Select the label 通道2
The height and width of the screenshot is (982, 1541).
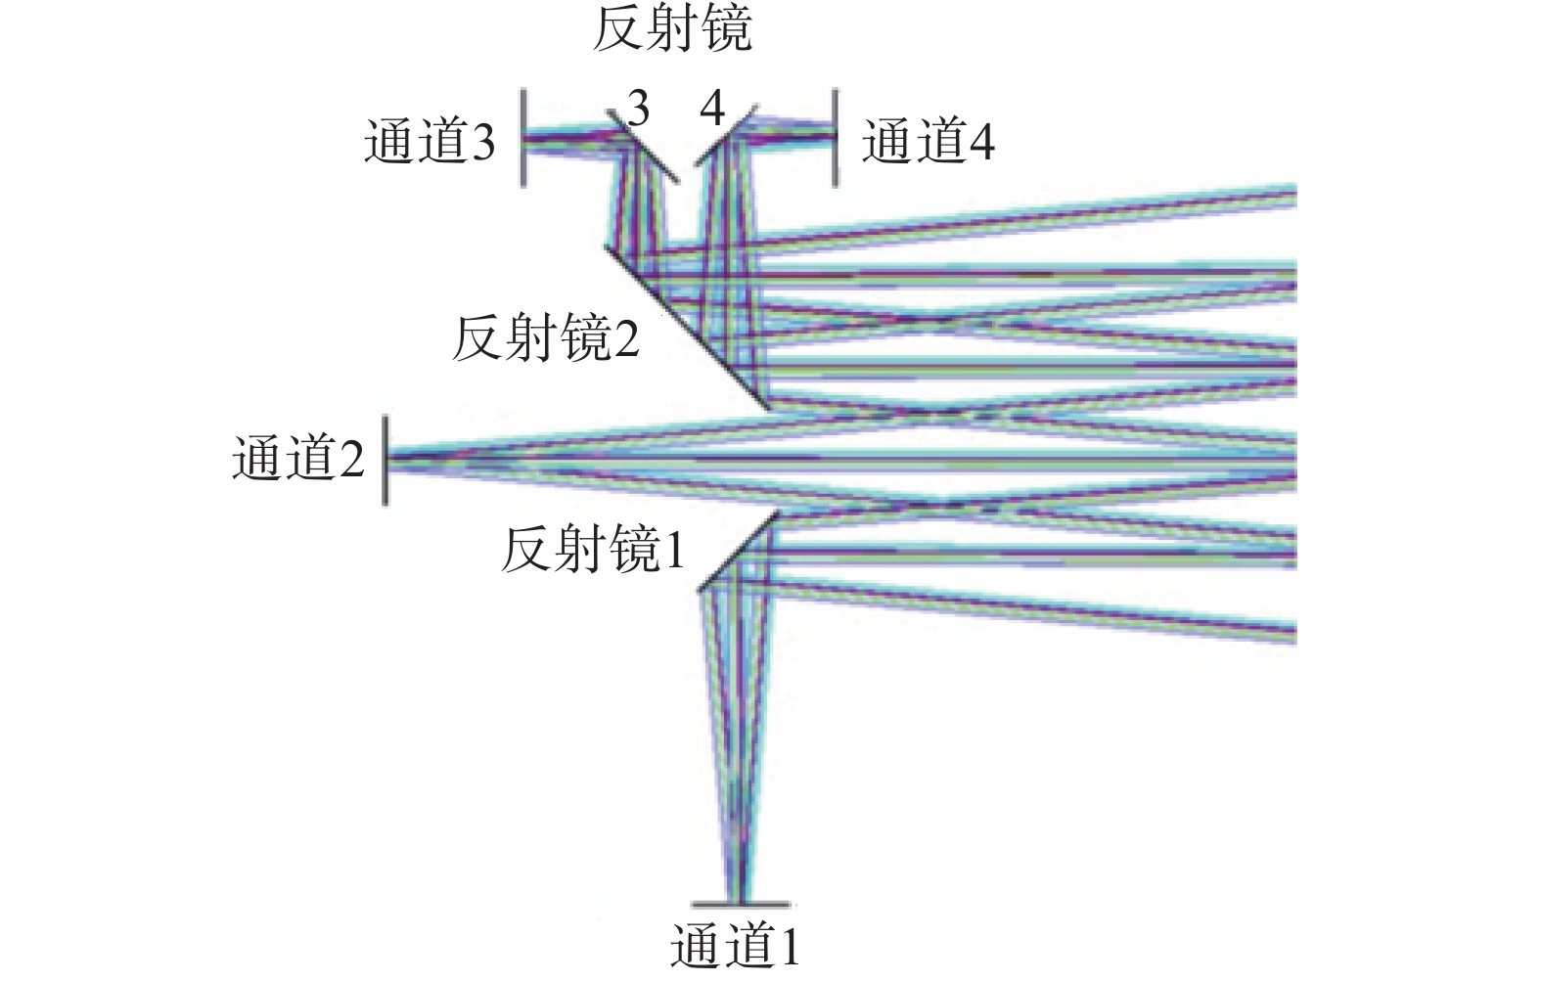point(298,458)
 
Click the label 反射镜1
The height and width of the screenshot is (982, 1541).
point(593,550)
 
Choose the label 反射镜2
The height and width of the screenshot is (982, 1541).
point(546,339)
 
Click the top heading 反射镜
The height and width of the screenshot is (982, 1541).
point(672,29)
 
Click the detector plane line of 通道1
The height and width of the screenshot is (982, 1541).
point(741,905)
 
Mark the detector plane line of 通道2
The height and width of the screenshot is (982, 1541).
point(385,460)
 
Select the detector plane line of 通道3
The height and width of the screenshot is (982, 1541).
point(523,138)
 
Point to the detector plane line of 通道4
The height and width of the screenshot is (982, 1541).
point(836,138)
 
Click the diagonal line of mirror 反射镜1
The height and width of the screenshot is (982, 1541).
point(738,551)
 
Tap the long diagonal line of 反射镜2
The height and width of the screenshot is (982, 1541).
point(687,328)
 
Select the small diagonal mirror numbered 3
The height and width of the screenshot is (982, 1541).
point(643,146)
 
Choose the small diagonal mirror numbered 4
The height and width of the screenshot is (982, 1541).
point(726,135)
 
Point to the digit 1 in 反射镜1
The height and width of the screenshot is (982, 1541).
point(674,551)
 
